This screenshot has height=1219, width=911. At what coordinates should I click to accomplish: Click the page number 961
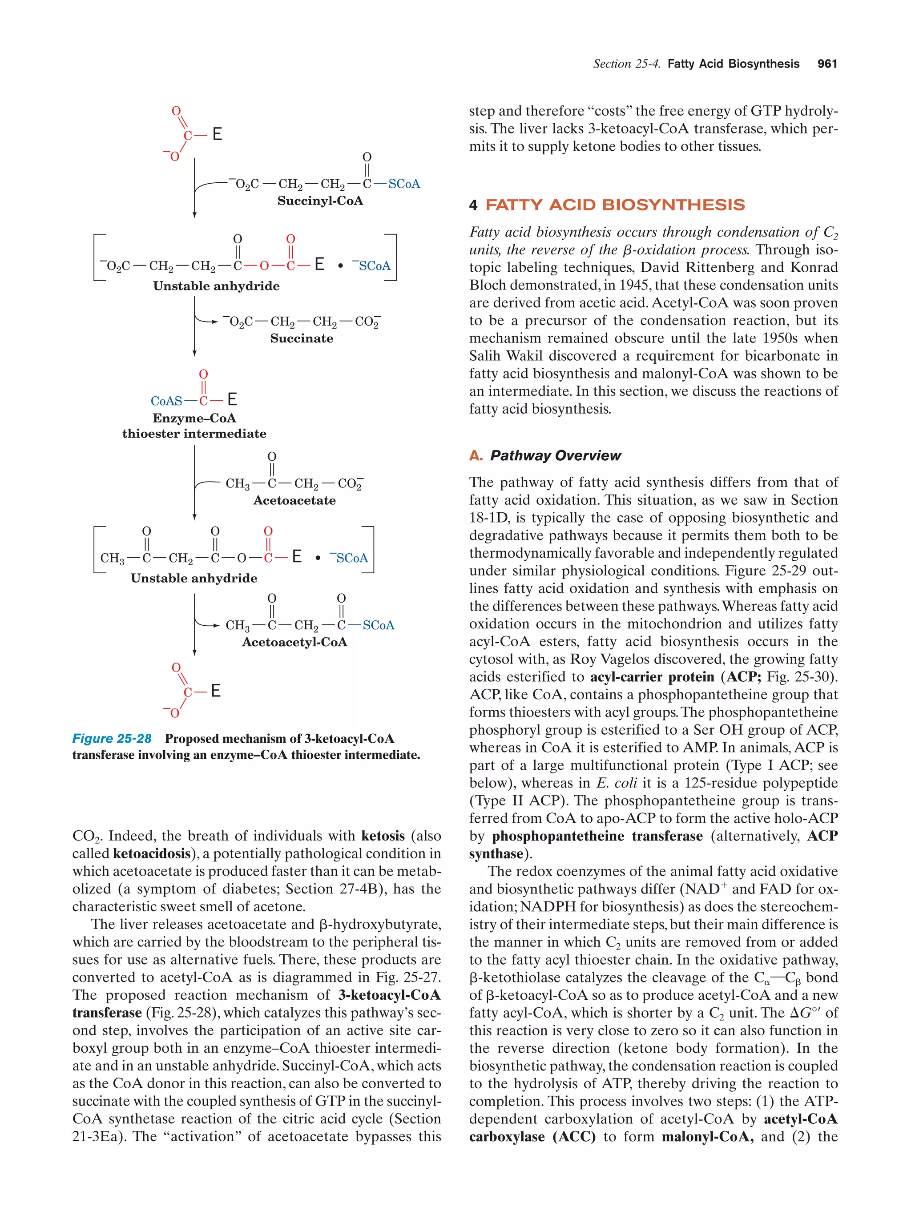pyautogui.click(x=826, y=64)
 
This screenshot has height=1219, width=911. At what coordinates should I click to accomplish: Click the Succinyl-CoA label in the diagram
pyautogui.click(x=320, y=201)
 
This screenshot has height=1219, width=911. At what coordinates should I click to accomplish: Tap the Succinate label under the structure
pyautogui.click(x=302, y=338)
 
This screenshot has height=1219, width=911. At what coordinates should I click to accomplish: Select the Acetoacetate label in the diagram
pyautogui.click(x=294, y=500)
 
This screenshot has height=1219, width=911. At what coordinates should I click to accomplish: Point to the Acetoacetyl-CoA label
pyautogui.click(x=294, y=642)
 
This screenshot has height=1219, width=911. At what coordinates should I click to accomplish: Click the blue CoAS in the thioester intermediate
pyautogui.click(x=166, y=401)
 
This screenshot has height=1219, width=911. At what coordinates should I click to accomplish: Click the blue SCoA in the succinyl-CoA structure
pyautogui.click(x=404, y=184)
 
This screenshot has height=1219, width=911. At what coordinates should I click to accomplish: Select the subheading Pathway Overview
pyautogui.click(x=555, y=456)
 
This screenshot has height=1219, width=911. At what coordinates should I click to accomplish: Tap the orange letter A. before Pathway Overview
pyautogui.click(x=476, y=456)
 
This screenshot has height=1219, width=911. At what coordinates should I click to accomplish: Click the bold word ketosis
pyautogui.click(x=383, y=836)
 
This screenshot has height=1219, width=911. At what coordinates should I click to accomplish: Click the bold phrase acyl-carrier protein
pyautogui.click(x=652, y=677)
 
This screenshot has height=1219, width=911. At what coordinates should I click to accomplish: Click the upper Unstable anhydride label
pyautogui.click(x=216, y=286)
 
